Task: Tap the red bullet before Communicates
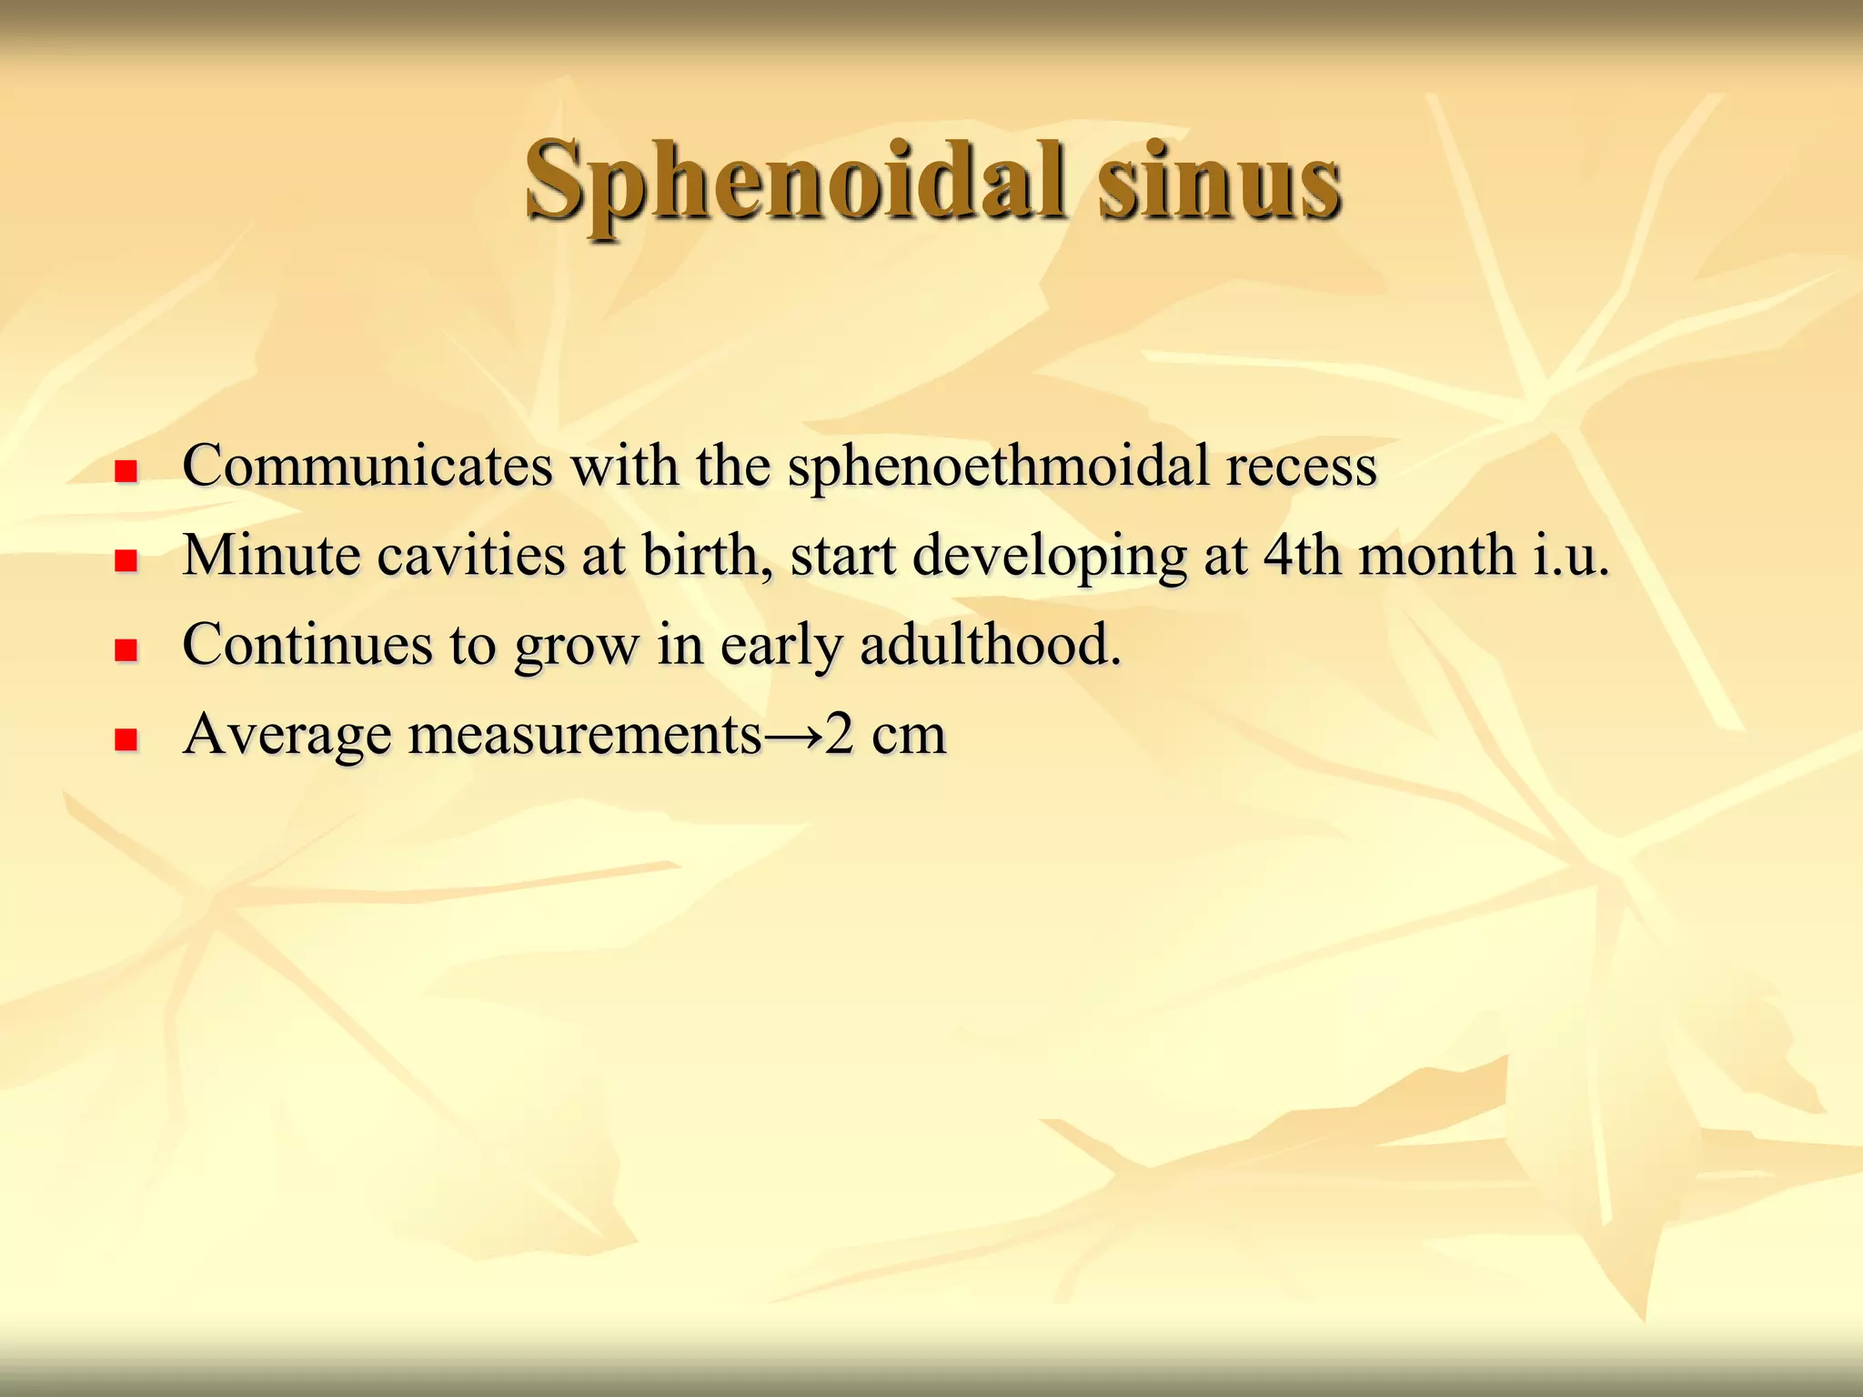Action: pyautogui.click(x=126, y=471)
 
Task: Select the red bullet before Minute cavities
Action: pyautogui.click(x=126, y=560)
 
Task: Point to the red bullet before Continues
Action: pyautogui.click(x=126, y=649)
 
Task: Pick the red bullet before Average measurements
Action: pyautogui.click(x=126, y=739)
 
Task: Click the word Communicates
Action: pyautogui.click(x=368, y=466)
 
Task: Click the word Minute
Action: pyautogui.click(x=271, y=555)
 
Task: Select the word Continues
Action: pyautogui.click(x=307, y=644)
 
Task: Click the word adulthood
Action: pyautogui.click(x=989, y=644)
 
